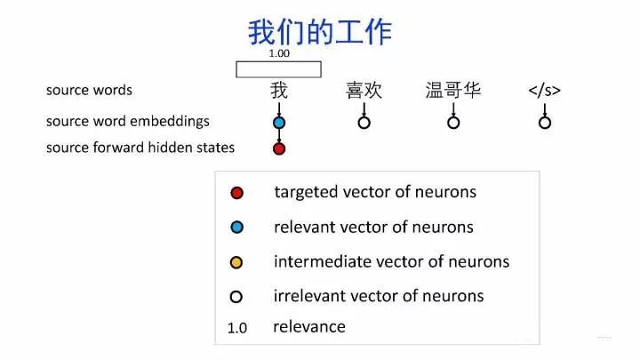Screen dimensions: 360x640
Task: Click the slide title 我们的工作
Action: pos(319,33)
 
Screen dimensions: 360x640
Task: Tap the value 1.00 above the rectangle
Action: pos(279,53)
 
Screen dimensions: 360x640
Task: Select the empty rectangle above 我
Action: pos(278,69)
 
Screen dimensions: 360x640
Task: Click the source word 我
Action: pos(279,90)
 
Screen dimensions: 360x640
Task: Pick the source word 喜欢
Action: pos(364,90)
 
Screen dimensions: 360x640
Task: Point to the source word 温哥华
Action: pos(453,90)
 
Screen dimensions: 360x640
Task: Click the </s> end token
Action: pos(544,90)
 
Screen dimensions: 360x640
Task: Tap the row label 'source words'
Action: pos(89,91)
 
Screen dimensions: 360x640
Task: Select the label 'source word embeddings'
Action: pos(128,121)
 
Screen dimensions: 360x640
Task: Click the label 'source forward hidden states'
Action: pos(140,148)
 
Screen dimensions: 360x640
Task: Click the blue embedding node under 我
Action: pos(279,123)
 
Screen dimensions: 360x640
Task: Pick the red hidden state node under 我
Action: pos(279,148)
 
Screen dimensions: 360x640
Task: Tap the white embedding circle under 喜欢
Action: pos(364,123)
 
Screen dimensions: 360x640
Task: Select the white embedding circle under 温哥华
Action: pos(453,123)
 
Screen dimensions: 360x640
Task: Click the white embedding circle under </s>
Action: pos(545,123)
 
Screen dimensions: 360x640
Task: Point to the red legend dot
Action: pos(236,193)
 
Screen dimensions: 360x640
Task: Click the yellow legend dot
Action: pos(236,262)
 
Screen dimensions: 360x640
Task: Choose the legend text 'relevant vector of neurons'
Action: pos(373,227)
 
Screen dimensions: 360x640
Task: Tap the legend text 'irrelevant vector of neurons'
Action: pos(379,295)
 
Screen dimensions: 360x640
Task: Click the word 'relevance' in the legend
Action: pos(308,326)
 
